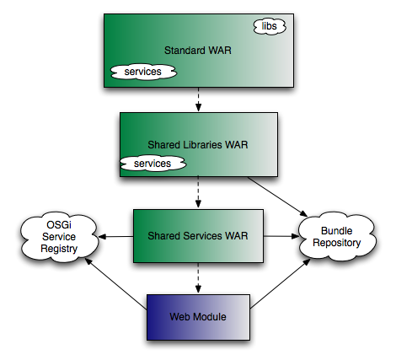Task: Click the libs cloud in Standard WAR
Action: click(270, 26)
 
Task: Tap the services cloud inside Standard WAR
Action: click(143, 72)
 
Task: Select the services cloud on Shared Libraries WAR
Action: click(153, 164)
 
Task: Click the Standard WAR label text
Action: click(198, 51)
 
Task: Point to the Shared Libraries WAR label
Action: click(198, 145)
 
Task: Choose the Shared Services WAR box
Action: click(198, 236)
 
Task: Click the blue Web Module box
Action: click(198, 317)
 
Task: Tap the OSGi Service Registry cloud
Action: click(59, 237)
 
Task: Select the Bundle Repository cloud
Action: click(337, 237)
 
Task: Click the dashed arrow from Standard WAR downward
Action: click(199, 99)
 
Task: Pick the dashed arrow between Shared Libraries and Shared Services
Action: click(199, 192)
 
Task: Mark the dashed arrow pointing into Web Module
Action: click(199, 278)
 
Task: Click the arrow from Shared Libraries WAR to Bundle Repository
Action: click(277, 196)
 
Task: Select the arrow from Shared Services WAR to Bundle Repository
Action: click(281, 236)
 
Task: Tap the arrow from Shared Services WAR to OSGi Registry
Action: click(115, 237)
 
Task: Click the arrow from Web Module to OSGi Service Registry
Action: click(115, 284)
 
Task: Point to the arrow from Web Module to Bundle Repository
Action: click(280, 283)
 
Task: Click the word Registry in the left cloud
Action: click(59, 249)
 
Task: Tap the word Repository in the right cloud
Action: click(337, 243)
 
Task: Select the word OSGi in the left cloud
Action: click(59, 225)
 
